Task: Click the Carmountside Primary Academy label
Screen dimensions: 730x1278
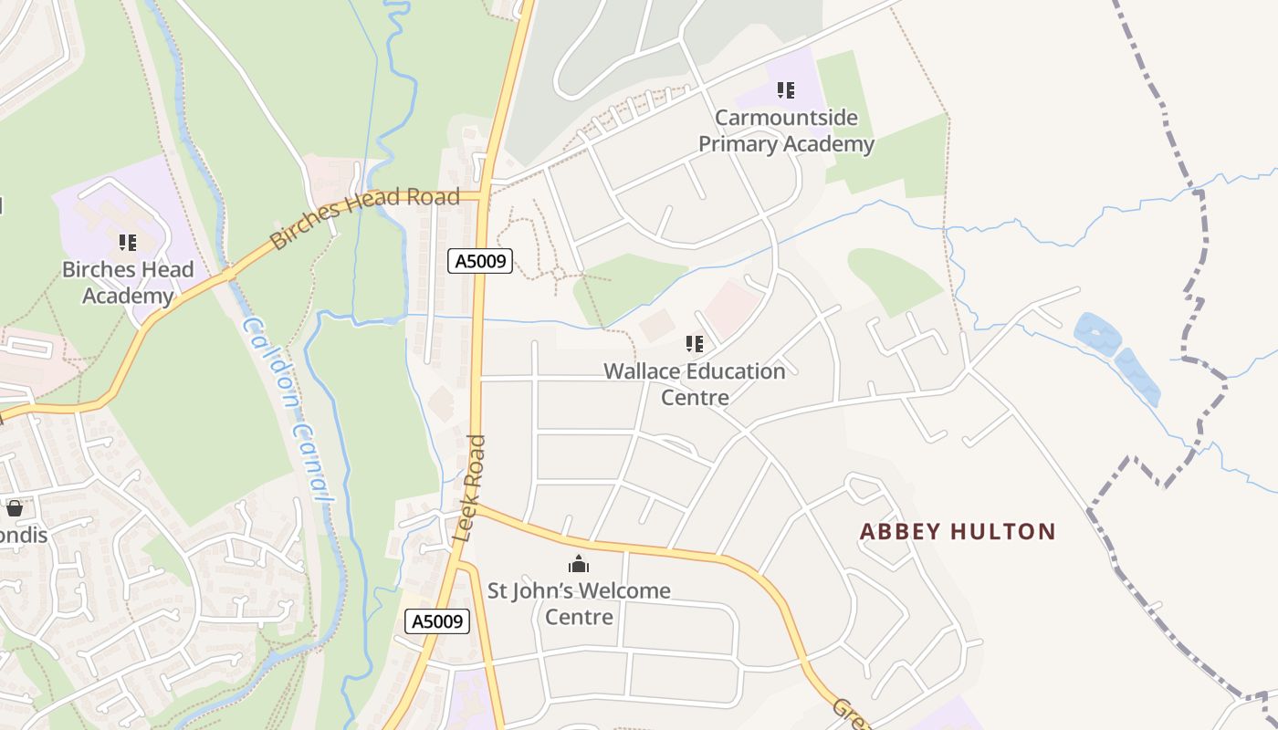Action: [x=786, y=130]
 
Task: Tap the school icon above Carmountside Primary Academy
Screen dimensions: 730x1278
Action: [x=786, y=90]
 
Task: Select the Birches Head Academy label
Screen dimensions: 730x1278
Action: [x=128, y=282]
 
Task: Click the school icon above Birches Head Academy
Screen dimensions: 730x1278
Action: [x=128, y=243]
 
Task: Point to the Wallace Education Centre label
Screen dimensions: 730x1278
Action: [x=695, y=384]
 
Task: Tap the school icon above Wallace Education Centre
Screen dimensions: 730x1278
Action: [x=695, y=344]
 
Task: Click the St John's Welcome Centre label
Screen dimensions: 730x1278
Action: [x=579, y=603]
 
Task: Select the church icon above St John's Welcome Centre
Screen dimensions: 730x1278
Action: [x=579, y=564]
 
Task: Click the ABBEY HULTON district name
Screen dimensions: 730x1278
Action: [x=958, y=531]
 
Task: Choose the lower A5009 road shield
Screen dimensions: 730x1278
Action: [x=437, y=621]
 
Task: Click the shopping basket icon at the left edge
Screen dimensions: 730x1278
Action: [x=15, y=508]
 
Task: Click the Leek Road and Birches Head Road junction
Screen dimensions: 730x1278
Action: [x=482, y=195]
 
